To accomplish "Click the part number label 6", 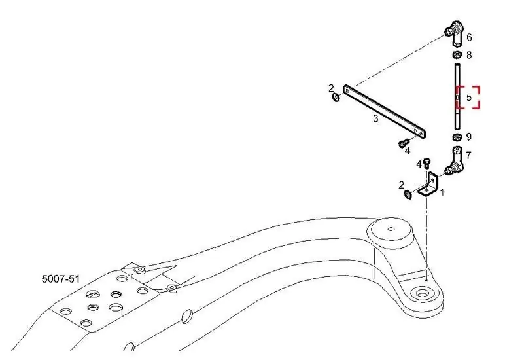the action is click(469, 37).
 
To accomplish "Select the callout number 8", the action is click(469, 55).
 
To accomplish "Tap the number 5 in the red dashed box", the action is click(469, 98).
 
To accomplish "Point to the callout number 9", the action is click(469, 137).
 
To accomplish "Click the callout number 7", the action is click(468, 155).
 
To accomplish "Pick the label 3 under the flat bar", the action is click(375, 118).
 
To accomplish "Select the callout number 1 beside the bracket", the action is click(442, 192).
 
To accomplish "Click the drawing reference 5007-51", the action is click(61, 279).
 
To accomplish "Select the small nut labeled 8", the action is click(457, 54).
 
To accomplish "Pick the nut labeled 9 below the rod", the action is click(457, 136).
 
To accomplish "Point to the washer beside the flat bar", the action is click(336, 98).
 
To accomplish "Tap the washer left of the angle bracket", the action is click(408, 194).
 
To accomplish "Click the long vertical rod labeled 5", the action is click(457, 97).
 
